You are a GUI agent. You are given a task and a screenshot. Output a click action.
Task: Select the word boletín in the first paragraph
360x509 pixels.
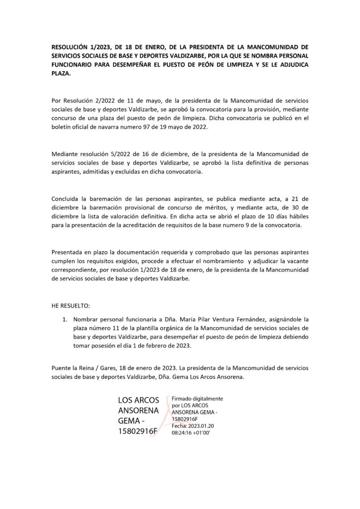pos(63,127)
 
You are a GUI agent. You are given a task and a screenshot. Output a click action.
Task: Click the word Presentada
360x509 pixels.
pos(69,251)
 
